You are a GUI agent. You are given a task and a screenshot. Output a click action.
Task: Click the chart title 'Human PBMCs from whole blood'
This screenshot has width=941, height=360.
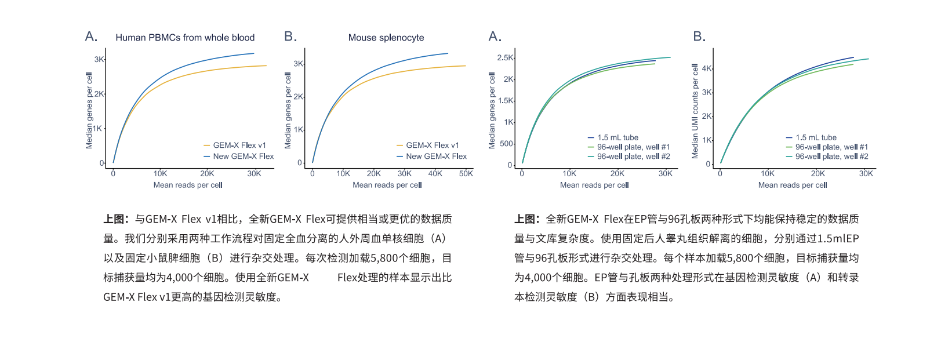coord(185,38)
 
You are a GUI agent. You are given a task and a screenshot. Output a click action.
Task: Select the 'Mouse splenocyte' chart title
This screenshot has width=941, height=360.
coord(386,38)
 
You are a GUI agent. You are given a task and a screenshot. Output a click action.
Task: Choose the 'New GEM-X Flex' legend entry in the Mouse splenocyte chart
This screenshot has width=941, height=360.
coord(436,157)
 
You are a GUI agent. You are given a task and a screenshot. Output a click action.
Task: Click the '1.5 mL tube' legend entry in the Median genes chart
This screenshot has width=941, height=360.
coord(617,138)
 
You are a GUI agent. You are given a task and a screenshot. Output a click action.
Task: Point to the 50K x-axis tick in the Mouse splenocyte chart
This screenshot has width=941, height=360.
coord(466,173)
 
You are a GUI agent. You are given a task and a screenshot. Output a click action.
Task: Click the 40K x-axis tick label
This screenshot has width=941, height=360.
coord(435,173)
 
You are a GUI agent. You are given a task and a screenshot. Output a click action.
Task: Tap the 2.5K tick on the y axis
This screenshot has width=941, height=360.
coord(505,58)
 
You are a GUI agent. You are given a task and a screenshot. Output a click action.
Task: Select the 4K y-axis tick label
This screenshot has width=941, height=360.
coord(707,68)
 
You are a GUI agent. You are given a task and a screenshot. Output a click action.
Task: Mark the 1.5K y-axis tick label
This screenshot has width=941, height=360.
coord(506,101)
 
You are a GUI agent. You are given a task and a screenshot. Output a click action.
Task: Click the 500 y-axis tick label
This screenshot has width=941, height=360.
coord(506,144)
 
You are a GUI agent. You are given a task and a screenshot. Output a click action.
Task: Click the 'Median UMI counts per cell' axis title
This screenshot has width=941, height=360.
coord(695,111)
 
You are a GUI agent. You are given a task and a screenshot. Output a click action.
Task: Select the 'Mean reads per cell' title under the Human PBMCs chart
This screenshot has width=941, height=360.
coord(188,186)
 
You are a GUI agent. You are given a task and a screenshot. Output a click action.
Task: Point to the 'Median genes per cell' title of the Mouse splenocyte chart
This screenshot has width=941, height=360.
coord(288,110)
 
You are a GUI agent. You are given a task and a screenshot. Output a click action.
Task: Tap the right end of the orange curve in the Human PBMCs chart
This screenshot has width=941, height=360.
coord(266,66)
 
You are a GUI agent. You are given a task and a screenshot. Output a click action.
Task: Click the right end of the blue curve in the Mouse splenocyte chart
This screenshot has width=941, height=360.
coord(448,53)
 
